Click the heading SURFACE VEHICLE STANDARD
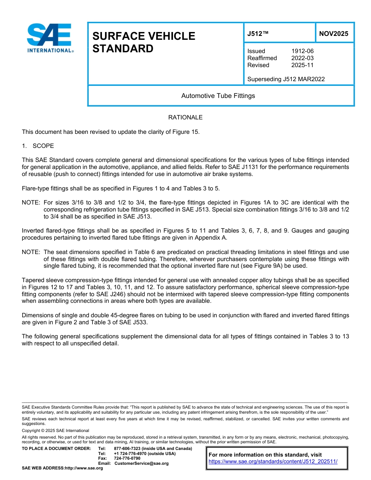(143, 42)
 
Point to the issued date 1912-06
(302, 51)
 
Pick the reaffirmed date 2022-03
(302, 58)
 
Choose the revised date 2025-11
(302, 65)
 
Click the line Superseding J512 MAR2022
(286, 79)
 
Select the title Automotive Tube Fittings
(218, 96)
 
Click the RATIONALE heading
(185, 117)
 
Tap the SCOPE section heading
(43, 146)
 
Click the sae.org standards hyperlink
(273, 461)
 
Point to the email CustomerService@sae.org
(141, 463)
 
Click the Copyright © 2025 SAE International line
(55, 431)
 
